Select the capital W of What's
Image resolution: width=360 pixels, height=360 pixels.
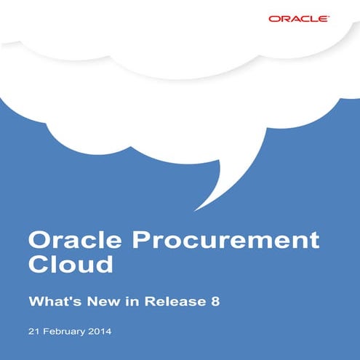point(35,299)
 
